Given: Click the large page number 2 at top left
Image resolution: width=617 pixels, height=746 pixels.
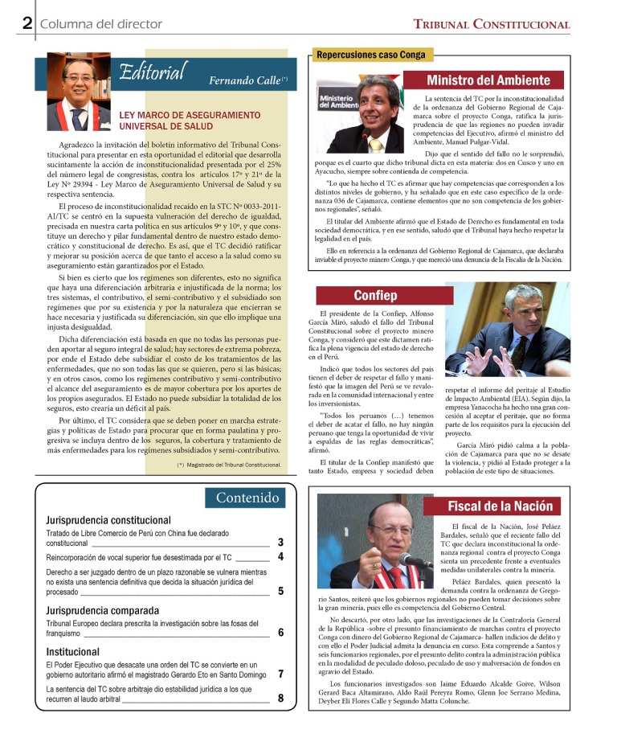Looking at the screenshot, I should click(27, 23).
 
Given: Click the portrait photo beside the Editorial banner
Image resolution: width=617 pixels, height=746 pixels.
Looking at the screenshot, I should click(78, 91).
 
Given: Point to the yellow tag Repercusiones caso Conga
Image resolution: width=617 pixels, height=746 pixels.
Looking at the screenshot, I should click(370, 55).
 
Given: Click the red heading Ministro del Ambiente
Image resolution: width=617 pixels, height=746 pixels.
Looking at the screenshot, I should click(488, 80).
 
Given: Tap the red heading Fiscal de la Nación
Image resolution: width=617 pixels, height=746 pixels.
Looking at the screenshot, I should click(501, 506).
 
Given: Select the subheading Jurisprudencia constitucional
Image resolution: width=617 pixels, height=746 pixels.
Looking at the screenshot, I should click(108, 520).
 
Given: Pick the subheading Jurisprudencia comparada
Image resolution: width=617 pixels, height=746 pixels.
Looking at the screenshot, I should click(102, 610).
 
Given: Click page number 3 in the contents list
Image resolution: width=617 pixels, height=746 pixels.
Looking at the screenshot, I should click(280, 543).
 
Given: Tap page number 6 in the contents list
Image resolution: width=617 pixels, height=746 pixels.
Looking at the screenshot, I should click(280, 633).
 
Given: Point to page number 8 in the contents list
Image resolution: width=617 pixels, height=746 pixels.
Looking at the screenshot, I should click(280, 698).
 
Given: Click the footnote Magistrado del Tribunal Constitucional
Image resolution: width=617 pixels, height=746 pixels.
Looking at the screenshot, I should click(229, 465).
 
